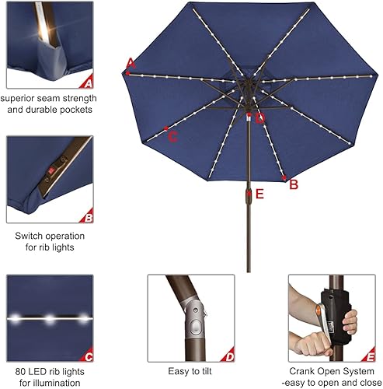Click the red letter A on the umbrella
pos(131,63)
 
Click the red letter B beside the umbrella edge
pos(294,184)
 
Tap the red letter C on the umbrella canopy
pos(172,137)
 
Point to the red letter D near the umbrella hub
pos(260,118)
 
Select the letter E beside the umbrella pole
pos(259,194)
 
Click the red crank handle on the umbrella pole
pos(249,194)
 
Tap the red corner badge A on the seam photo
pos(89,82)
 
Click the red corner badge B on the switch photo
pos(89,218)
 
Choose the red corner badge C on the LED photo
pos(89,356)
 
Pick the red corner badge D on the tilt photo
pos(229,356)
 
